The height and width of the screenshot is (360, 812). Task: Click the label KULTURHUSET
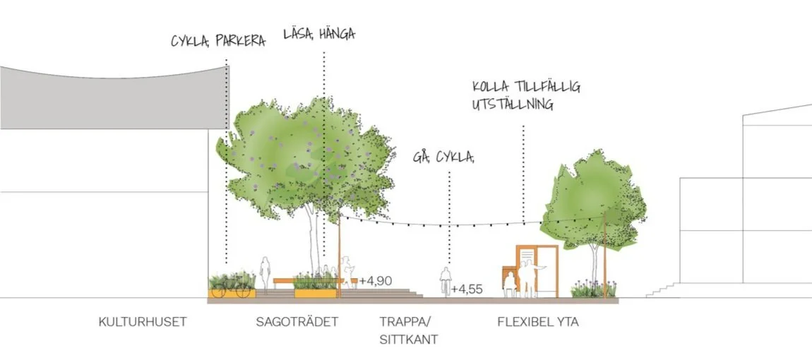pyautogui.click(x=142, y=323)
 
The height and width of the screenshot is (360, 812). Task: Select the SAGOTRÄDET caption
pyautogui.click(x=297, y=323)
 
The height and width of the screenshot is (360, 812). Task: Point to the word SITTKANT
pyautogui.click(x=409, y=340)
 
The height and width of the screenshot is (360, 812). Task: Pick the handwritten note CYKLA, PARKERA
pyautogui.click(x=217, y=40)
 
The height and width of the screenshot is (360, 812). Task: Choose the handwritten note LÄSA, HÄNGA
pyautogui.click(x=318, y=33)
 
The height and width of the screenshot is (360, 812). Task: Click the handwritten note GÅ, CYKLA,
pyautogui.click(x=443, y=157)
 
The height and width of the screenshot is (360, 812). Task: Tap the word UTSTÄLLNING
pyautogui.click(x=513, y=104)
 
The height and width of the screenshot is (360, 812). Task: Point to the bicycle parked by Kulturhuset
pyautogui.click(x=232, y=287)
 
